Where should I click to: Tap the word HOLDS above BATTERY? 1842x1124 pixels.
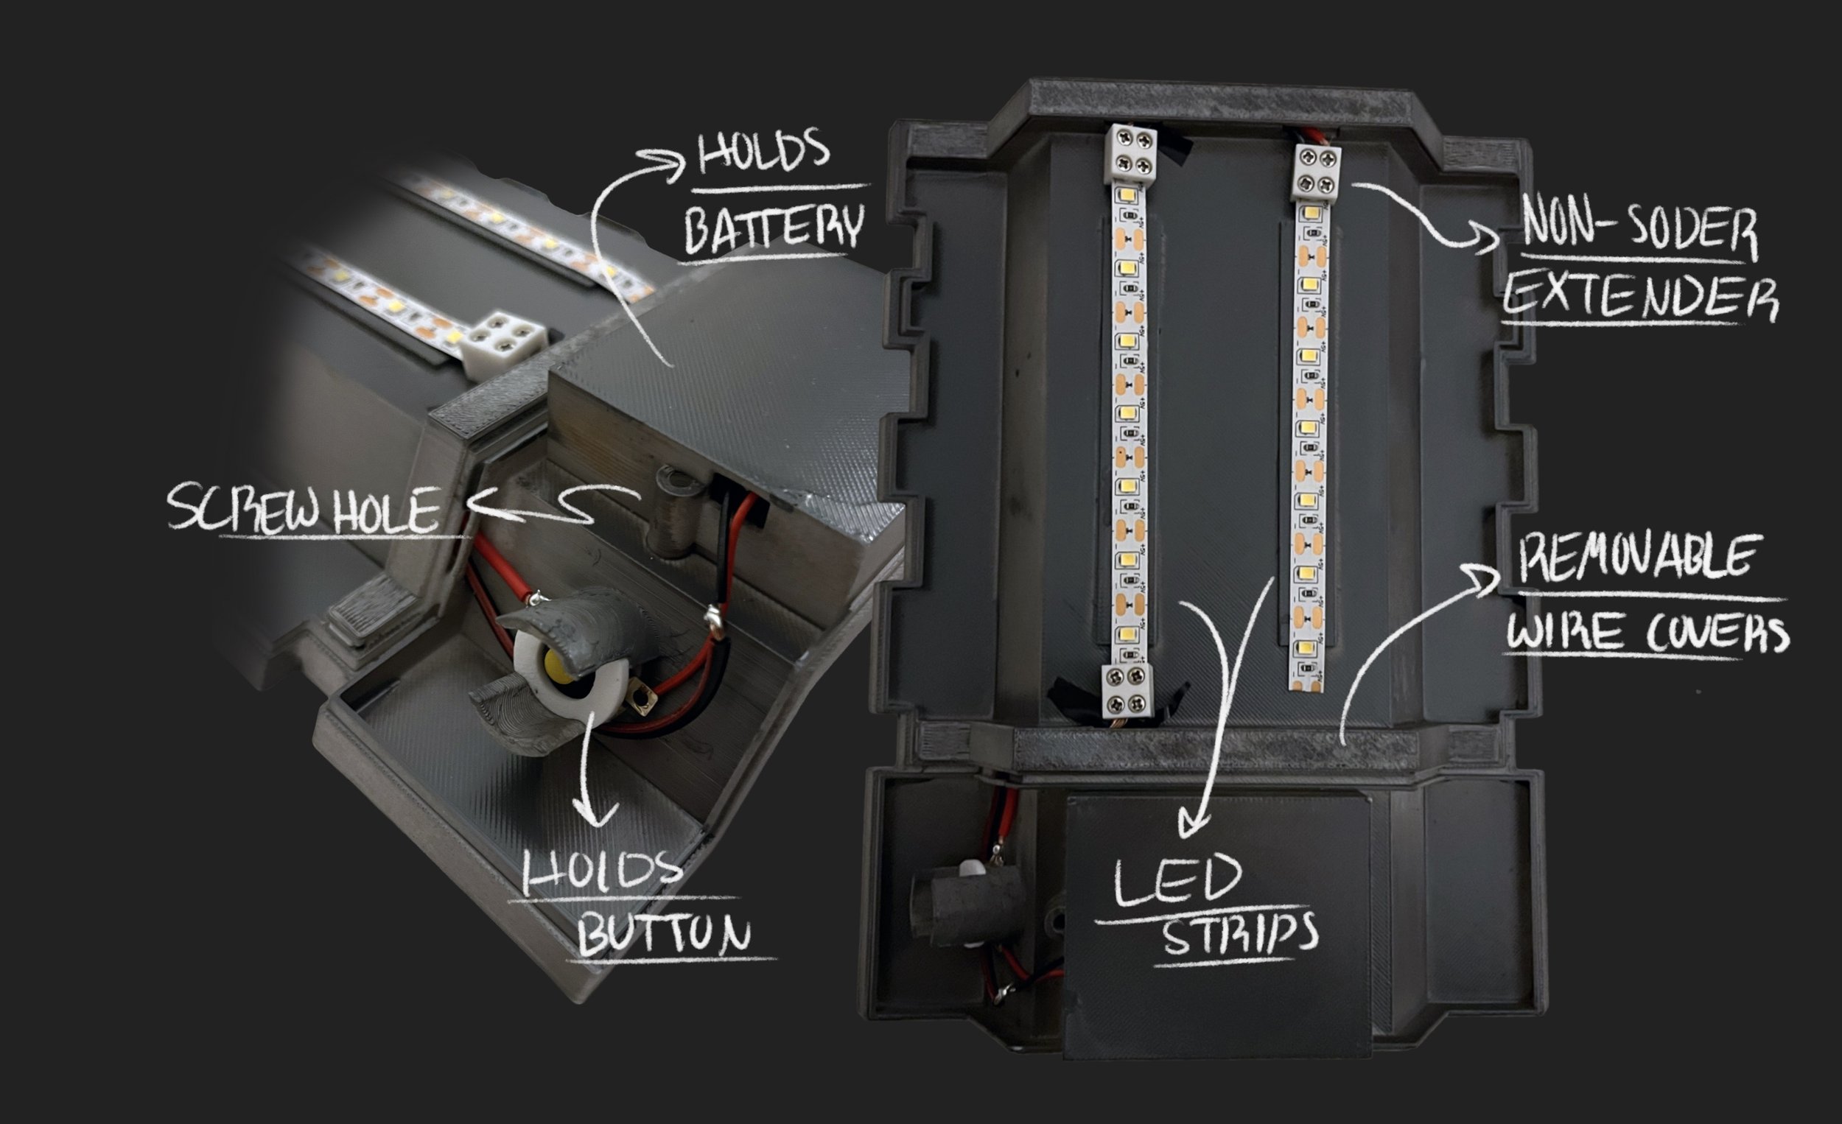point(763,151)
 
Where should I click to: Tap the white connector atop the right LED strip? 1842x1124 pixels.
point(1318,173)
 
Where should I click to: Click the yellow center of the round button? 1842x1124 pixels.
point(559,662)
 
